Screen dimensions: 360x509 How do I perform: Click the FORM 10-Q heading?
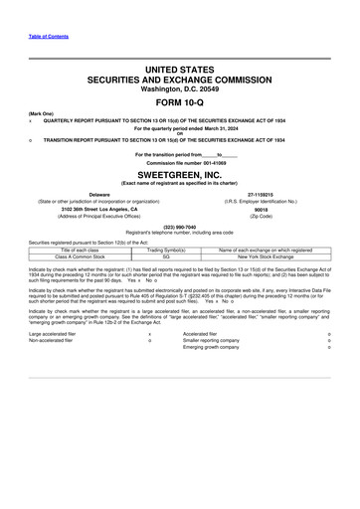pos(180,103)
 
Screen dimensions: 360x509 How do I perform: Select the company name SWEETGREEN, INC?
pos(180,171)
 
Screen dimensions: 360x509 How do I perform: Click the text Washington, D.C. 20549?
pos(180,86)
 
